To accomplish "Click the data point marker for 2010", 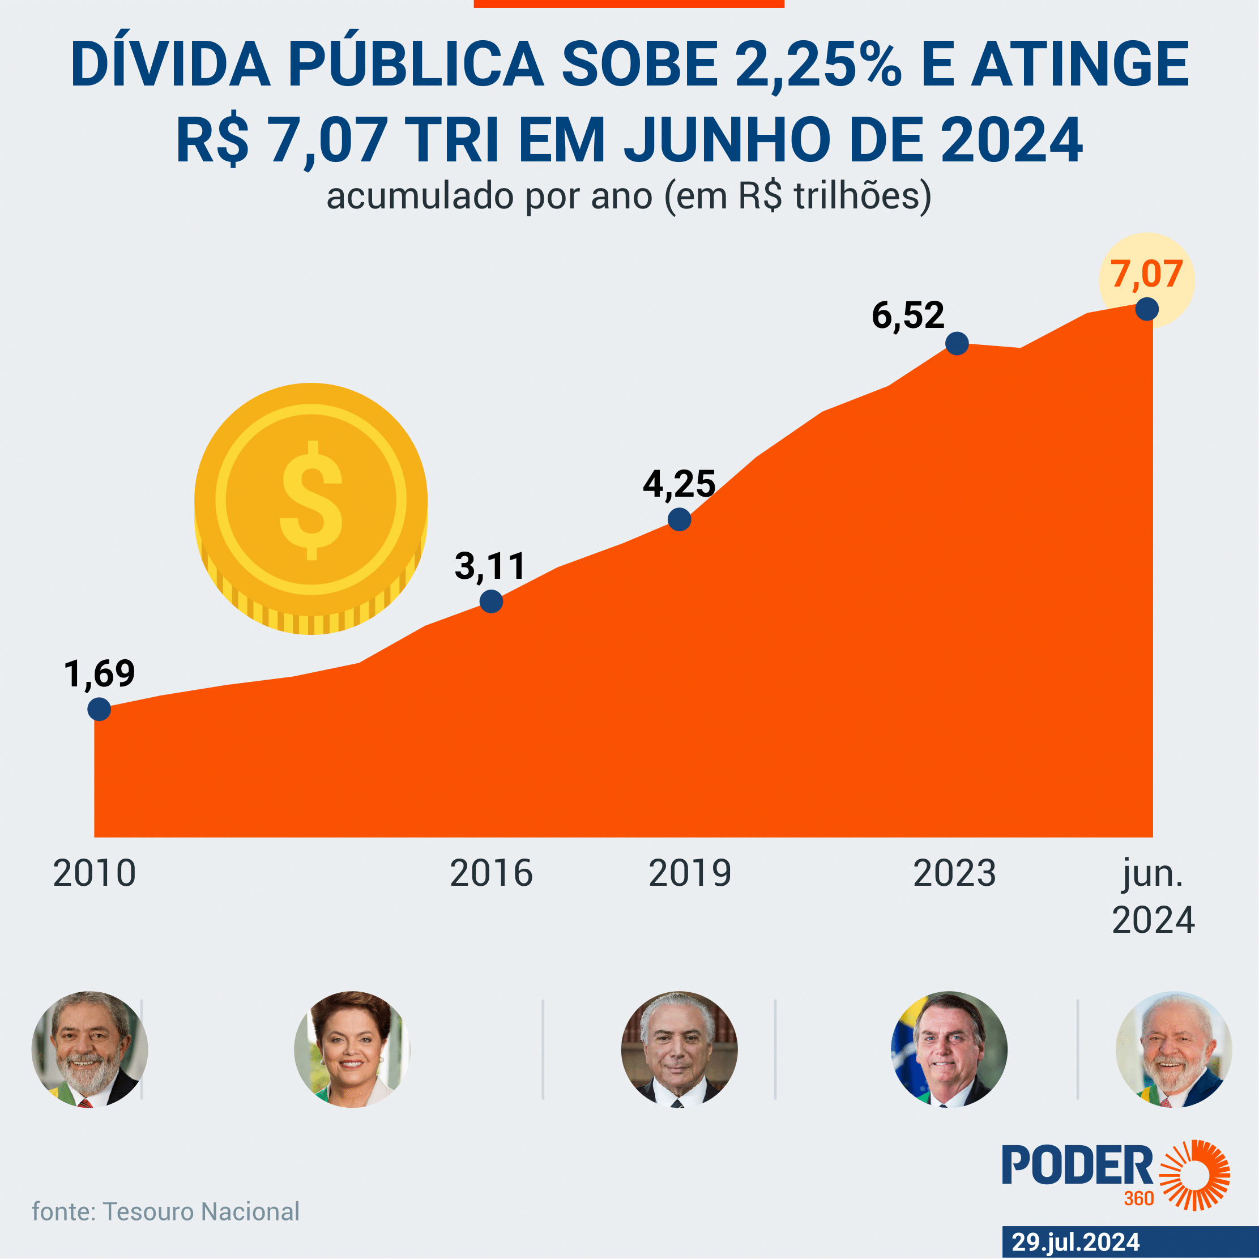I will click(99, 709).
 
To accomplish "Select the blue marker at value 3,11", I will click(492, 601).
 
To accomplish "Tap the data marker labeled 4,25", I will click(680, 519).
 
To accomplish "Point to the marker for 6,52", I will click(957, 343).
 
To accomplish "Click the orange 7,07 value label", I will click(1147, 274).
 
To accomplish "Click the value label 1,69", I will click(99, 673).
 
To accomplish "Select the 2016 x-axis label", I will click(492, 873).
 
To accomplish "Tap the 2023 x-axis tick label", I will click(954, 873).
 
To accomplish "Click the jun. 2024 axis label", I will click(1153, 897).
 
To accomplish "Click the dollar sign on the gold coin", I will click(311, 500).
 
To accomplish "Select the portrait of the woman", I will click(352, 1050).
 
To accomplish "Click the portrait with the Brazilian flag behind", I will click(949, 1050).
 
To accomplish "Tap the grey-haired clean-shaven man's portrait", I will click(679, 1050).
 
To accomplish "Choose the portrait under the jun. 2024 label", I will click(1173, 1050).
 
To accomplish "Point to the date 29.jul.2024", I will click(1076, 1242).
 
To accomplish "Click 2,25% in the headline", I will click(818, 64).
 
